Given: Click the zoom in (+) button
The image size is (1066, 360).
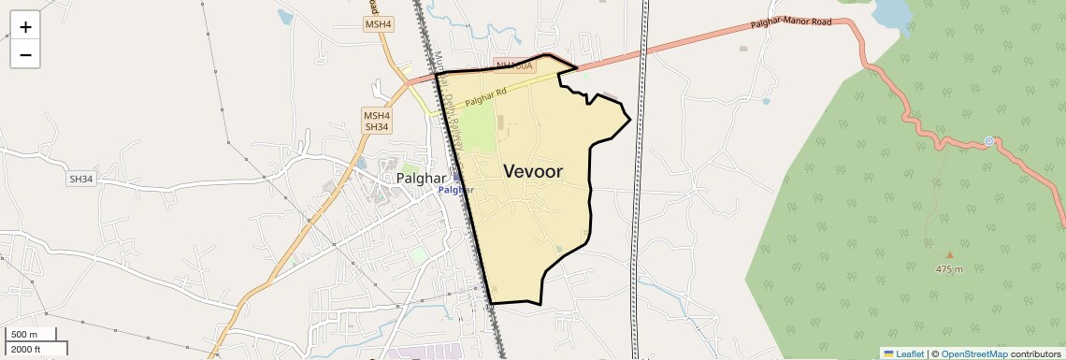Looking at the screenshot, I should [x=25, y=27].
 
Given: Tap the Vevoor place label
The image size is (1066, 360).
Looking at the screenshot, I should [x=533, y=171].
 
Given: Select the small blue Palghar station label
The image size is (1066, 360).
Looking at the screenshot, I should [x=456, y=190].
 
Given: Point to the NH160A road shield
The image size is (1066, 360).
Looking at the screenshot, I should [x=513, y=65].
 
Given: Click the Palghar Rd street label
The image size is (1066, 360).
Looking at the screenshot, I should [x=484, y=94].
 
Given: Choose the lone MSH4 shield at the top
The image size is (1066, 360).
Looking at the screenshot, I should [x=380, y=23].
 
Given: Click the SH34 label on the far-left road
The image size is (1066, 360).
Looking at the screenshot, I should [x=81, y=178].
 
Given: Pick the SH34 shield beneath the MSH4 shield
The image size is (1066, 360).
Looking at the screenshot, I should [x=376, y=126].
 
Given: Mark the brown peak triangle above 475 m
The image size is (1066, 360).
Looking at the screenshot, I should [x=950, y=254].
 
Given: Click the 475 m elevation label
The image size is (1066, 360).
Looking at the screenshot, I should [x=949, y=268].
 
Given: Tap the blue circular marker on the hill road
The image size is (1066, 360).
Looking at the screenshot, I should [x=988, y=141].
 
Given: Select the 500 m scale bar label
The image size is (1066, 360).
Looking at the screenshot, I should [x=25, y=335].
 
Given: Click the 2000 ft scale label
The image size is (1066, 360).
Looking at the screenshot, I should [x=28, y=349].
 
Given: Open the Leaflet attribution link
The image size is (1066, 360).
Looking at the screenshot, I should [x=903, y=353].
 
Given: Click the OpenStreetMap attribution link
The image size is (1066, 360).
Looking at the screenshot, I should [x=973, y=353].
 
